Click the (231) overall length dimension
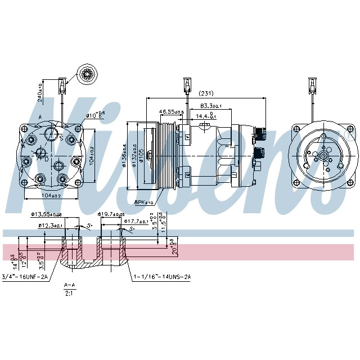coord(206,93)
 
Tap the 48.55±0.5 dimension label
coord(172,112)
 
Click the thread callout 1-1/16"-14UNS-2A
coord(162,276)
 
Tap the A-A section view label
coord(69,285)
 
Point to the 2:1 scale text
coord(69,293)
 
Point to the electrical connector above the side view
coord(184,85)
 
